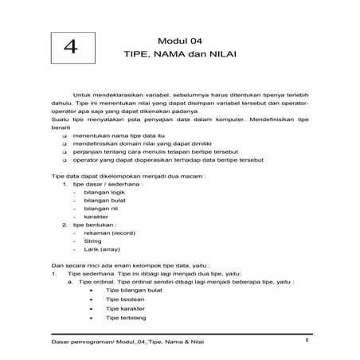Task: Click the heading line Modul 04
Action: click(x=182, y=40)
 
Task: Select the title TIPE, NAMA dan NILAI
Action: click(x=182, y=57)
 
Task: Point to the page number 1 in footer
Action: click(x=306, y=341)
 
